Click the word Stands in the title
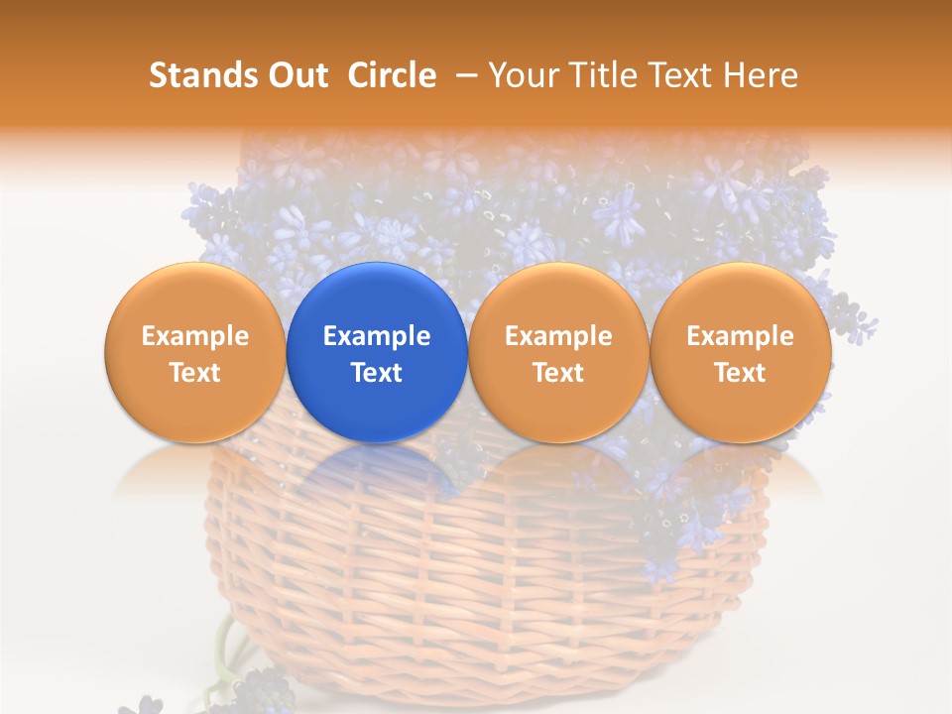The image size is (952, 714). (x=200, y=75)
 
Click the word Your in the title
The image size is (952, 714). (x=520, y=75)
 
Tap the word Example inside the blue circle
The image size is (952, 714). (x=377, y=336)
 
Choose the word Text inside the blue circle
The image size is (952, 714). (x=377, y=373)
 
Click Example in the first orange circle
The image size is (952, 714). (x=194, y=336)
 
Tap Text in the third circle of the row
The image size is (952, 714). (x=558, y=373)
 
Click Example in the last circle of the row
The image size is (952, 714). (x=740, y=336)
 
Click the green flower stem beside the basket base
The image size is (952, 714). (x=226, y=645)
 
